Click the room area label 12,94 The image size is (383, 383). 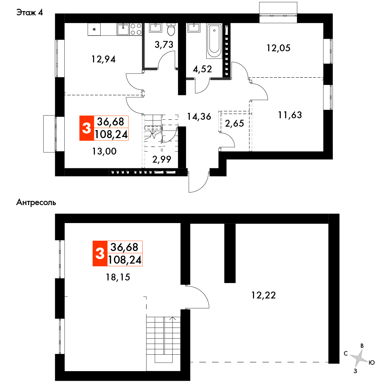[x=103, y=59]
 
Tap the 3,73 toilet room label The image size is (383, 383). [x=164, y=44]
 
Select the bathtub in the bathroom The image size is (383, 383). [x=214, y=41]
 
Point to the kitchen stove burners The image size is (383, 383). [x=135, y=29]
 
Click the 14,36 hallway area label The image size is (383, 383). [x=199, y=116]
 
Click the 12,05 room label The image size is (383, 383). [x=279, y=48]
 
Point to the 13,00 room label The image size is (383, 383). [x=104, y=151]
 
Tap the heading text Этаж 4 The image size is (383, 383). [x=29, y=13]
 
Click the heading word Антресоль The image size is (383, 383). [x=36, y=202]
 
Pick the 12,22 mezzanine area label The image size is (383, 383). [x=264, y=295]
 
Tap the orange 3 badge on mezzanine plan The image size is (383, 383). [x=99, y=253]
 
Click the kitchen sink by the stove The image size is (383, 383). [x=122, y=29]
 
